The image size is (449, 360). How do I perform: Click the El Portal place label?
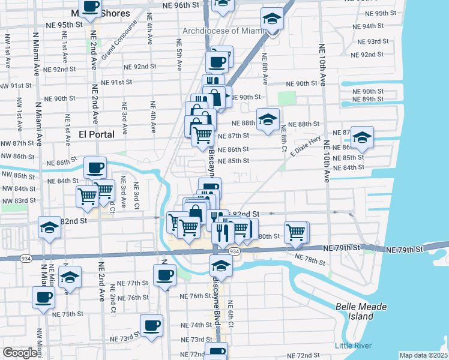[97, 134]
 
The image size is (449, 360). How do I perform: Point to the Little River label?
[353, 345]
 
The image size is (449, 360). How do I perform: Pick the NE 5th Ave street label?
[179, 55]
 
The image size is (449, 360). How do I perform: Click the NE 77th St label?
[133, 283]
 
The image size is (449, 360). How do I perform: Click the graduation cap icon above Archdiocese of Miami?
[273, 20]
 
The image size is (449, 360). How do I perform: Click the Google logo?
[20, 353]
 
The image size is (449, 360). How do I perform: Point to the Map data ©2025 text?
[423, 355]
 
